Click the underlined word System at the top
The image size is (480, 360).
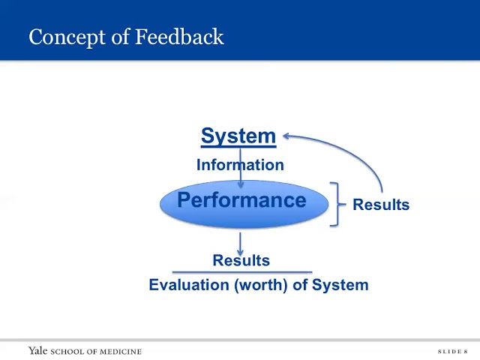[x=238, y=136]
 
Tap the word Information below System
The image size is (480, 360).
[x=240, y=165]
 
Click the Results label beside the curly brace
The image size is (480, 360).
[x=381, y=205]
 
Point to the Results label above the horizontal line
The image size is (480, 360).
[x=241, y=260]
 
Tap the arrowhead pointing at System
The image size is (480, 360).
[x=286, y=136]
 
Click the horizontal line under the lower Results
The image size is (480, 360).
[x=241, y=272]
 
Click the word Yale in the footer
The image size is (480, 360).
[x=37, y=351]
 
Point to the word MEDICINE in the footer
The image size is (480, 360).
[x=118, y=352]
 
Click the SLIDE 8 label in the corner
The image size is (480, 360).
[x=452, y=352]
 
